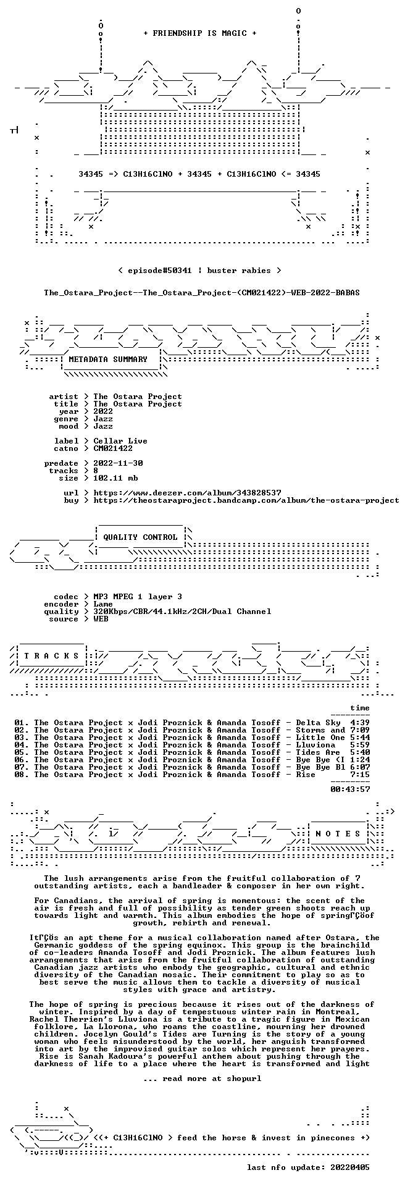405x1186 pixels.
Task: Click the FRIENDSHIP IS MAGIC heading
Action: click(199, 33)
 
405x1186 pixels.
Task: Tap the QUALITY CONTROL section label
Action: click(140, 537)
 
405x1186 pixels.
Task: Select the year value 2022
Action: click(103, 411)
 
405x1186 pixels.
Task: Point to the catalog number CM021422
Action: click(113, 448)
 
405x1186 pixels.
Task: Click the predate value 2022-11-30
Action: click(118, 463)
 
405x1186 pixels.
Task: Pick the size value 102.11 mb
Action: click(115, 478)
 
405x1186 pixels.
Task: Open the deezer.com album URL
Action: click(187, 493)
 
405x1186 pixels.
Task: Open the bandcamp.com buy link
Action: click(246, 500)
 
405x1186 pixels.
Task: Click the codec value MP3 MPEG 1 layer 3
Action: click(138, 597)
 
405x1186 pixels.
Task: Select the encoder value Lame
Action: click(103, 604)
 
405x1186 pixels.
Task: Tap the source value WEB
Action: click(101, 619)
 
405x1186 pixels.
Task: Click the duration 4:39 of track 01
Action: click(360, 723)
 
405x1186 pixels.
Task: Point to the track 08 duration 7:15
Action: click(360, 775)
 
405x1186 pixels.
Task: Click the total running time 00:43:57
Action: click(350, 789)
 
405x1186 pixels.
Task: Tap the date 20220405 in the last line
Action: click(350, 1167)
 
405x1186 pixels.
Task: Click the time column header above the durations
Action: click(360, 708)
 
